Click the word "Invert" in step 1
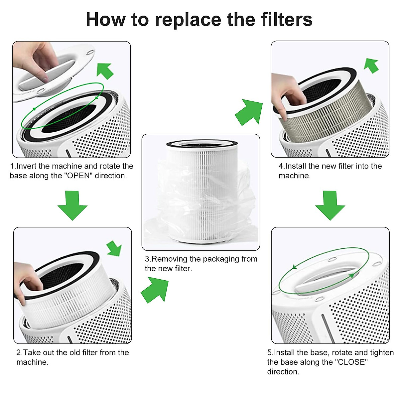[26, 166]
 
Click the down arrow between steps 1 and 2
[72, 205]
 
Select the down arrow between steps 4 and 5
[330, 205]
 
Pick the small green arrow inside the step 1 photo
[105, 71]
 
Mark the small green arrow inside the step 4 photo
[371, 66]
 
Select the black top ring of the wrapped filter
[202, 143]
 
